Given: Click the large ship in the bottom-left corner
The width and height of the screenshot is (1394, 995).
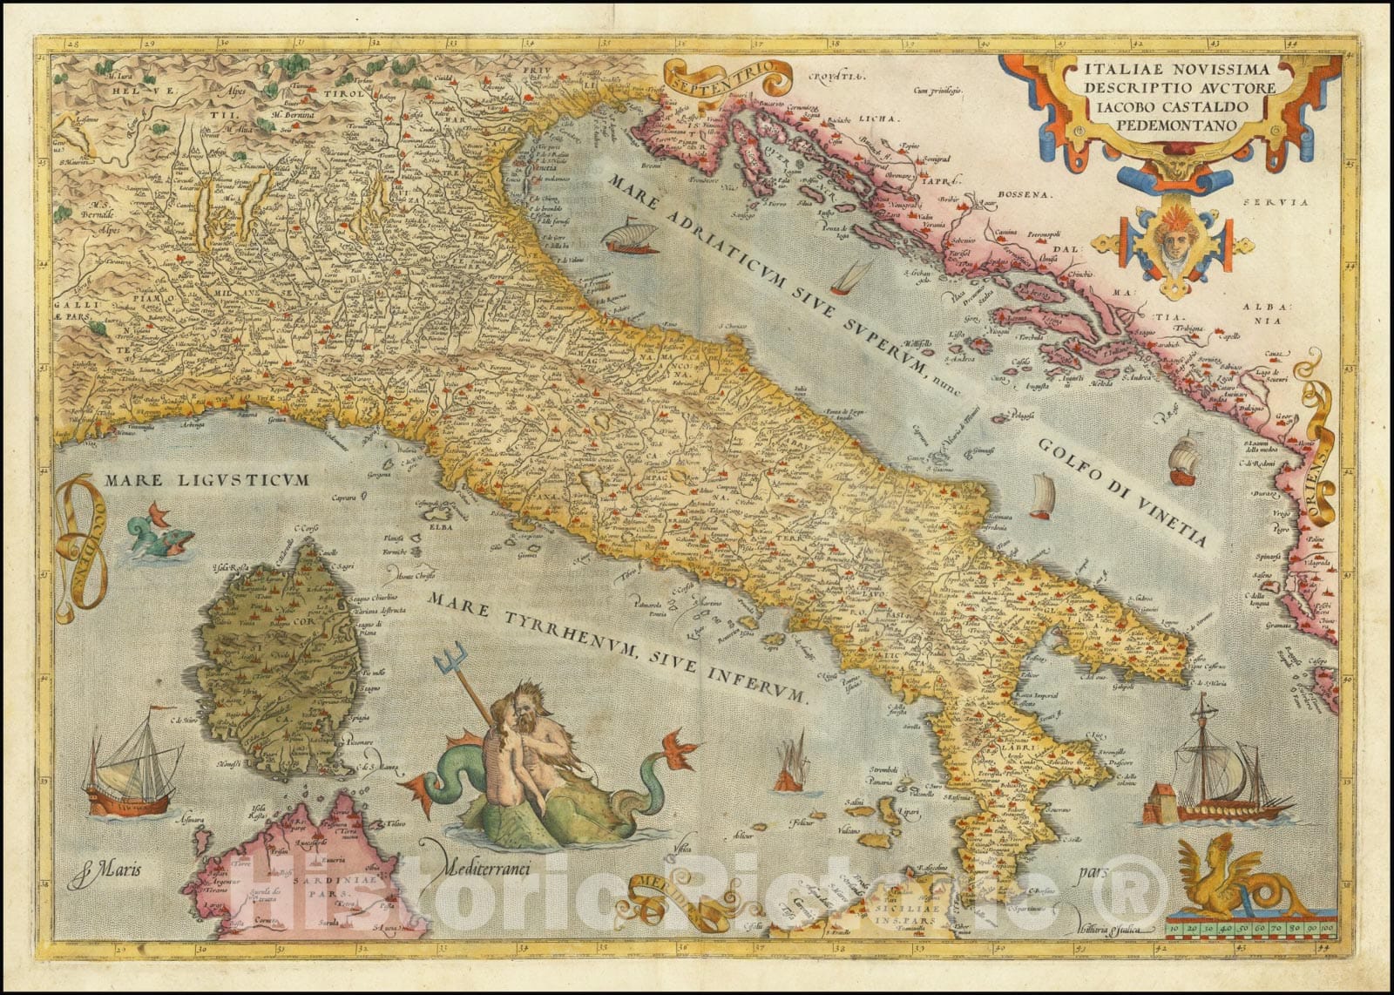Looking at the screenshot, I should click(129, 767).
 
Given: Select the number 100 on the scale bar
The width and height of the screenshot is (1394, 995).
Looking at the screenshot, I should click(1325, 930).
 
